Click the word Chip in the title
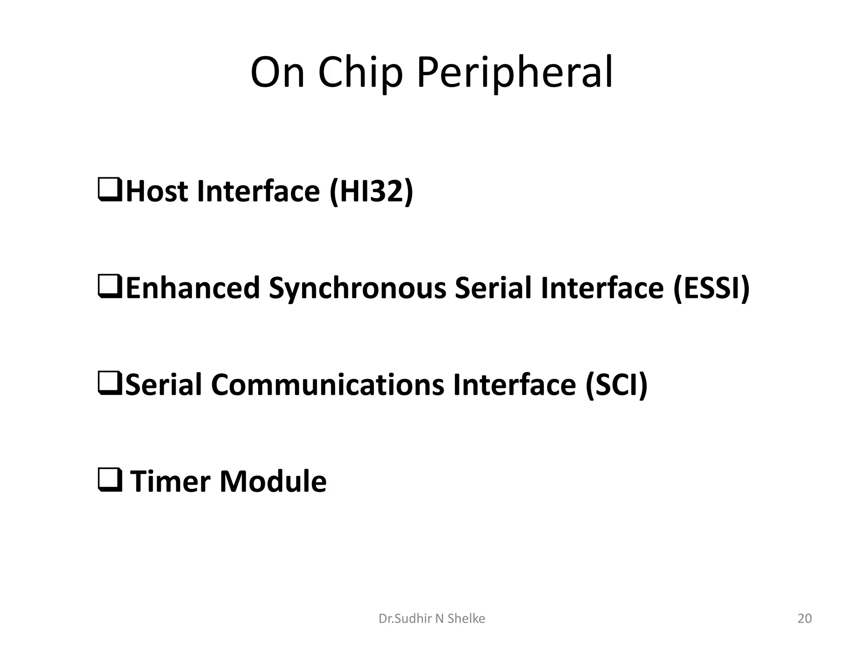click(x=360, y=73)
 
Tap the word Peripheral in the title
click(x=514, y=73)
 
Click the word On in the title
click(x=277, y=73)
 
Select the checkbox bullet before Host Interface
click(x=110, y=190)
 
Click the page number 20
click(x=805, y=618)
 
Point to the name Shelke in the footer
click(x=466, y=618)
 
